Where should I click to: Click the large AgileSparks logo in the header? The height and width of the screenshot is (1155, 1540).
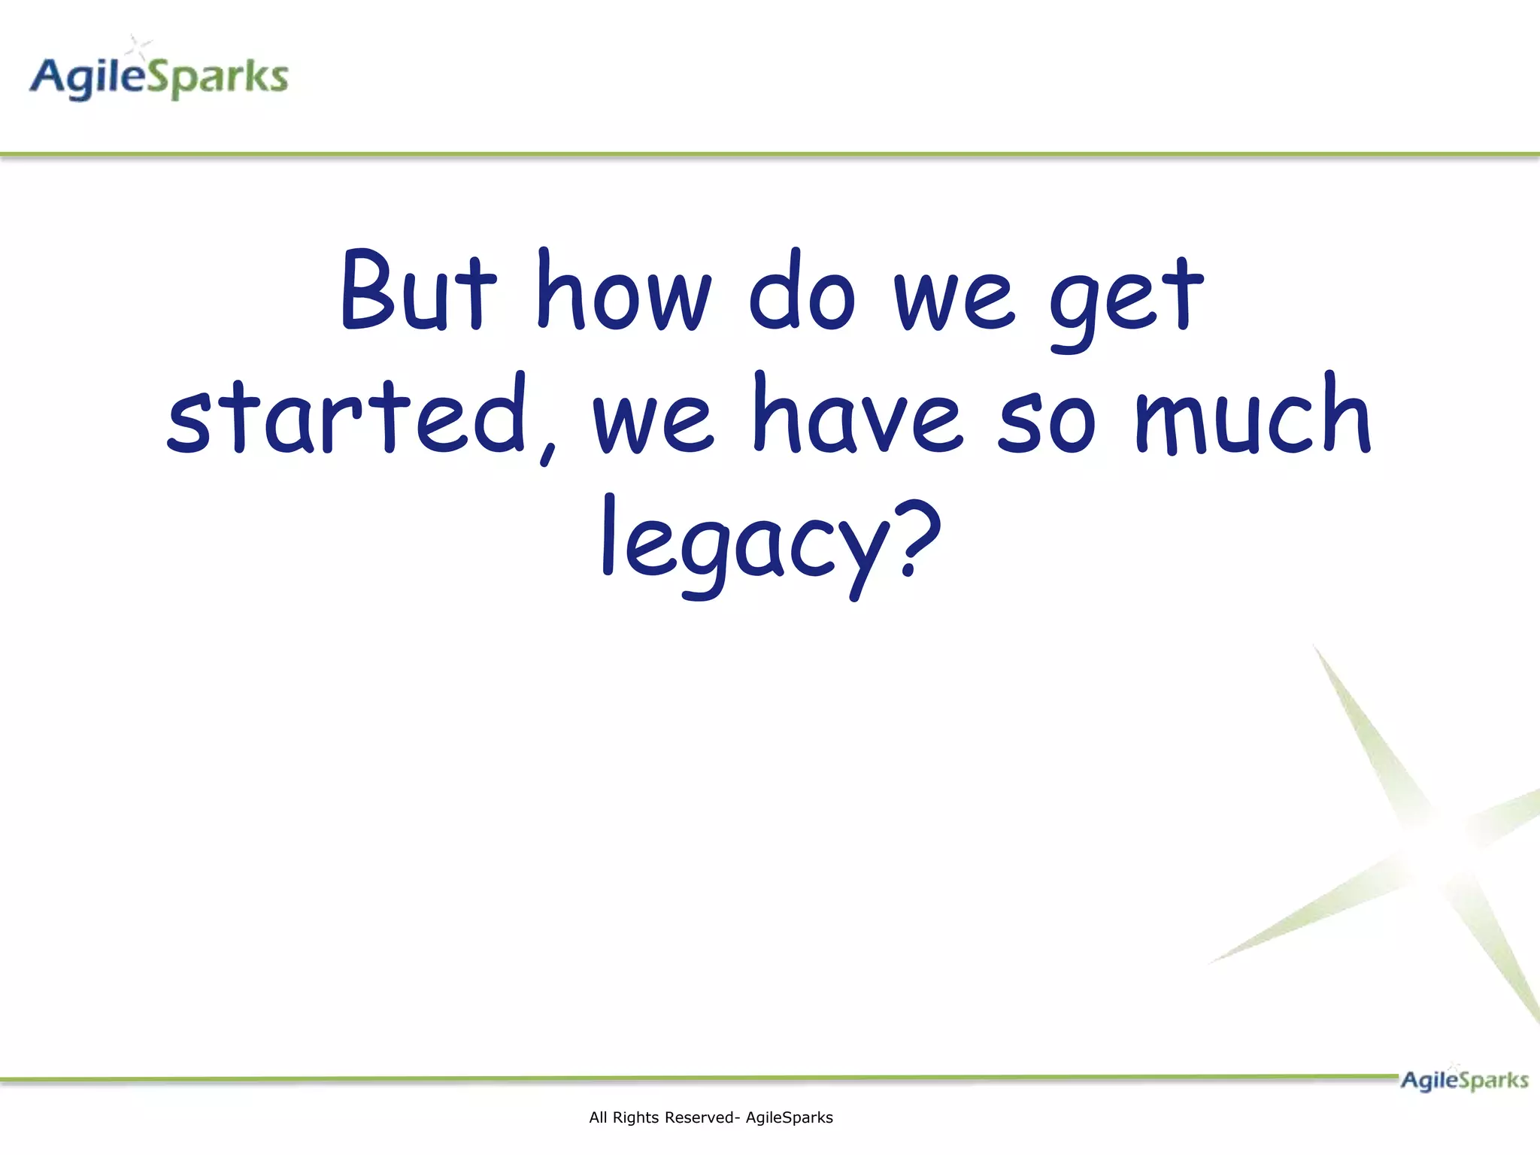point(159,75)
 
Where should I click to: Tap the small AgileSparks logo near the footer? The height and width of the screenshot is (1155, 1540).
point(1463,1081)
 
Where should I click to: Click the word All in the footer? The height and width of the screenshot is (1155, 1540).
point(598,1118)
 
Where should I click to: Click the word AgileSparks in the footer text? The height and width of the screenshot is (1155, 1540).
point(789,1118)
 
